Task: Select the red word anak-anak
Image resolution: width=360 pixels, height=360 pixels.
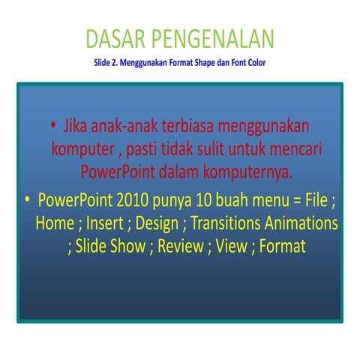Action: (124, 124)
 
